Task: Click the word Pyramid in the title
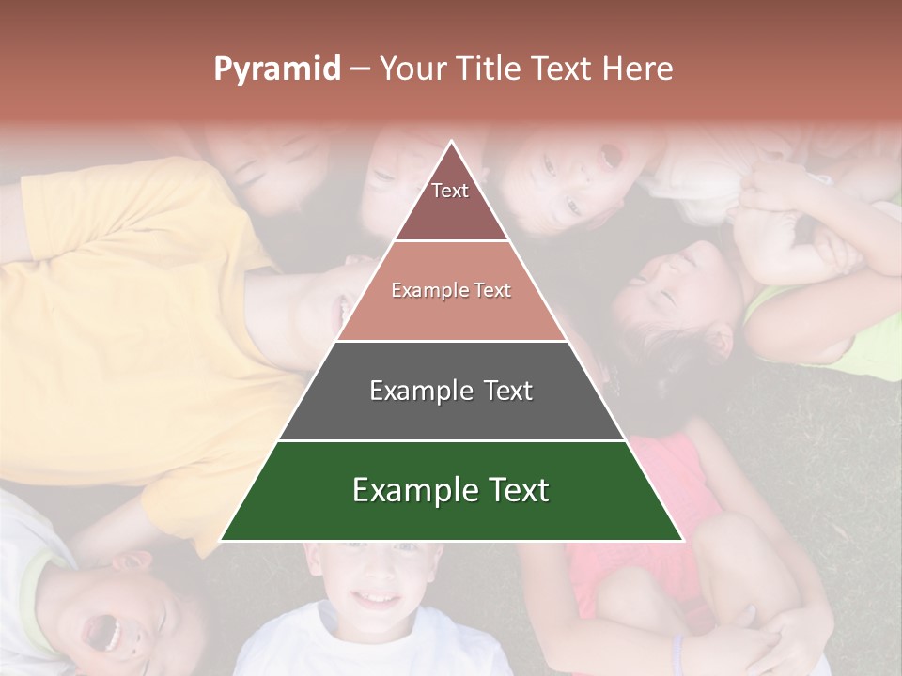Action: click(277, 69)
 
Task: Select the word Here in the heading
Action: click(638, 69)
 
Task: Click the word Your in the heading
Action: click(411, 69)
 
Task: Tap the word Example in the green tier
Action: click(410, 491)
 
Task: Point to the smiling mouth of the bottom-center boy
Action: click(377, 598)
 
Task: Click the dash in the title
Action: click(360, 69)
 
